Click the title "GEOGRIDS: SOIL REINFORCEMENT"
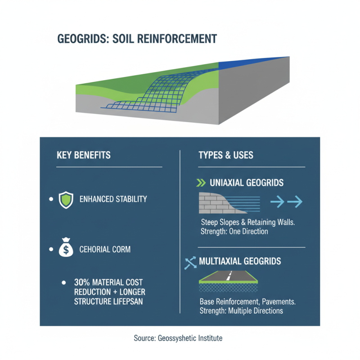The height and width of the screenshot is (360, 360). (x=137, y=39)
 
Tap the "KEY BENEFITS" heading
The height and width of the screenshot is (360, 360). (x=84, y=156)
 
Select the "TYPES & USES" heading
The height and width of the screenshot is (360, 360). (x=226, y=156)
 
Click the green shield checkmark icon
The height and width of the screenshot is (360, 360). (x=66, y=199)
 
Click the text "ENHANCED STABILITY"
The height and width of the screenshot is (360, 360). (x=113, y=199)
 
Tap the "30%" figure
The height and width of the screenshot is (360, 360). (x=81, y=283)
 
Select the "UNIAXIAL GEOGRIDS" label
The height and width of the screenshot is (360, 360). (x=247, y=183)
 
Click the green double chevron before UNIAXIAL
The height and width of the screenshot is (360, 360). (x=201, y=183)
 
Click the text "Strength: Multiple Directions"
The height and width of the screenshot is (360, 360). (x=241, y=310)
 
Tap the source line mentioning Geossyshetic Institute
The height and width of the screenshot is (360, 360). (x=178, y=337)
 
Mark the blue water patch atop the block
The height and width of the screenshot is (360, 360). (x=252, y=62)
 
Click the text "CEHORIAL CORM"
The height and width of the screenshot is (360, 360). (x=105, y=249)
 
